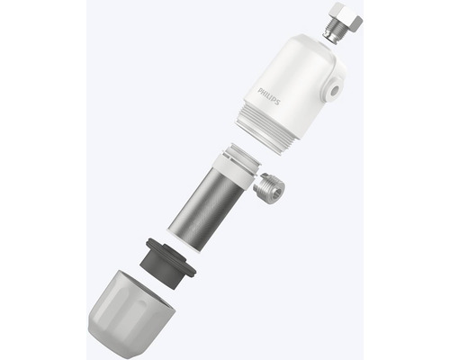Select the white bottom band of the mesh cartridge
point(194,242)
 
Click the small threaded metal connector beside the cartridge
point(270,190)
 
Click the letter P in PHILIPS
point(261,86)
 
